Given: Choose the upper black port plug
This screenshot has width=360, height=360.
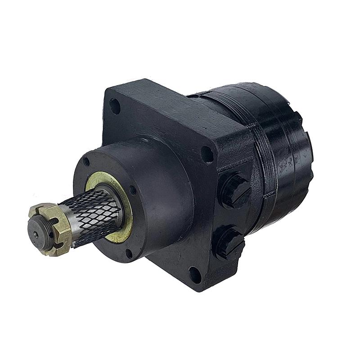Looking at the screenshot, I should (234, 189).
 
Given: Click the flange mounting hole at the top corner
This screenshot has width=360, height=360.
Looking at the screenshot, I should (115, 106).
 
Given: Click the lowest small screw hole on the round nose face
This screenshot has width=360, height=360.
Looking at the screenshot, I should (129, 253).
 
